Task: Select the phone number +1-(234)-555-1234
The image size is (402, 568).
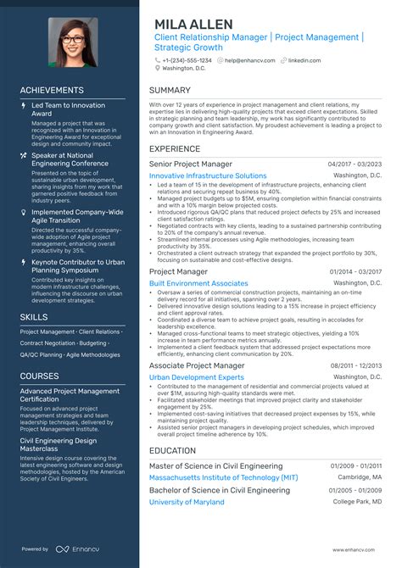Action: (188, 60)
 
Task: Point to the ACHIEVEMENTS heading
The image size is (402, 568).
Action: (53, 90)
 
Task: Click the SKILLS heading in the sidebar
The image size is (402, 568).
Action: (34, 316)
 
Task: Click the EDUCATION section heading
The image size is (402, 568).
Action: (175, 450)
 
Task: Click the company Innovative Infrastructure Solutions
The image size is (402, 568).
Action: (208, 175)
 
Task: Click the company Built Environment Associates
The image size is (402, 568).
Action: (198, 283)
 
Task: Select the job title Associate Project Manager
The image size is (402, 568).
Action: (197, 365)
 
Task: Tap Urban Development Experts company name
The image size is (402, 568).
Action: (196, 376)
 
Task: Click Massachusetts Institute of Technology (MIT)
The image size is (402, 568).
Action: (223, 478)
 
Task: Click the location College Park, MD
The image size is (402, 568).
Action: (357, 502)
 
